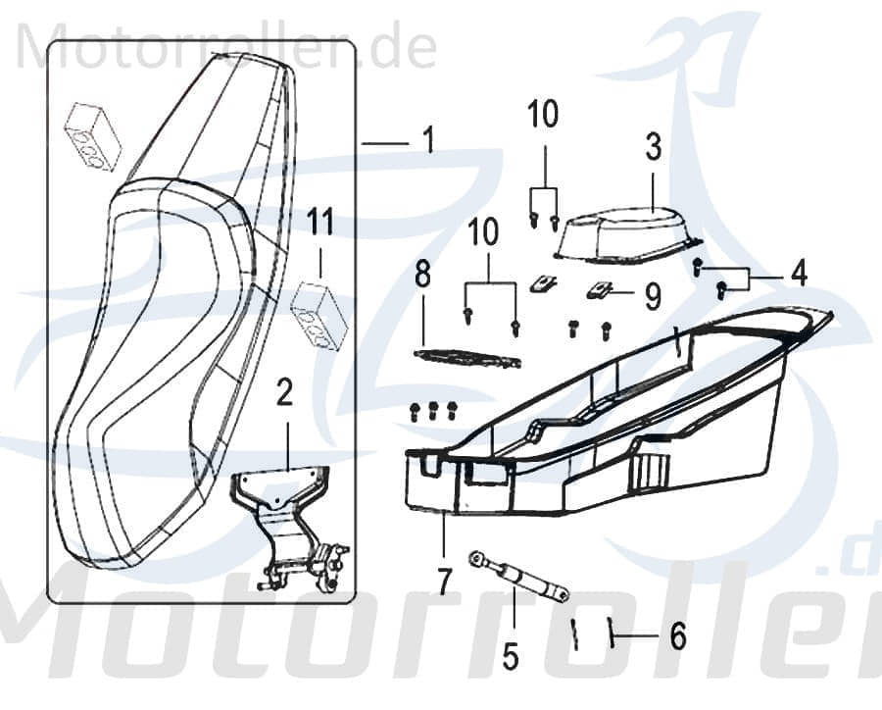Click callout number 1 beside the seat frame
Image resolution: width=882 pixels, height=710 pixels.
426,142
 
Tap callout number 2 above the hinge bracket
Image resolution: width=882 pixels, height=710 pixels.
284,394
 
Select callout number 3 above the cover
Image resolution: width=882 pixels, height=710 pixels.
654,148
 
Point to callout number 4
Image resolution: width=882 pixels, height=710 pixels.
800,274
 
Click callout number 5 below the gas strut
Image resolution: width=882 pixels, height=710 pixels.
511,655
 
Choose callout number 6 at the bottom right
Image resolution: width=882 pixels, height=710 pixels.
677,637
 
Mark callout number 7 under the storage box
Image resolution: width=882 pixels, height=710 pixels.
445,582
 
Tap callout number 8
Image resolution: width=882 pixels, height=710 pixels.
422,276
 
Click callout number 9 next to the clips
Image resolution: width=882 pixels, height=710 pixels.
653,295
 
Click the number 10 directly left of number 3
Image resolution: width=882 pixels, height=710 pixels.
543,115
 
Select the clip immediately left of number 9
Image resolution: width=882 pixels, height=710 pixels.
604,291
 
